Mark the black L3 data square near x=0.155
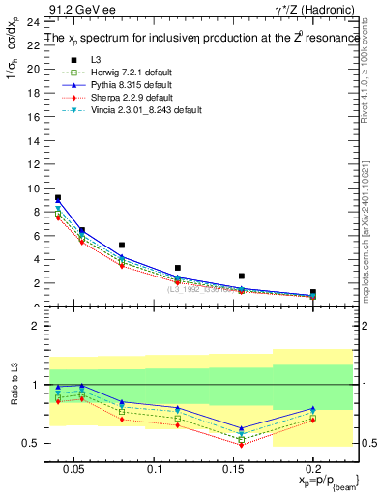tap(242, 277)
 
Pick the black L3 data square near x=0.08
tap(122, 246)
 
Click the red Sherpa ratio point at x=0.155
tap(242, 445)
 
